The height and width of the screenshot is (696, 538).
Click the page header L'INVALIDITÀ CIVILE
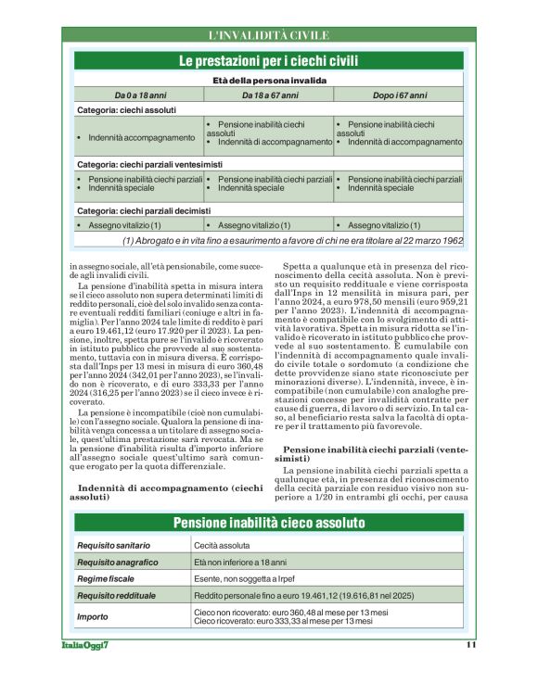point(269,36)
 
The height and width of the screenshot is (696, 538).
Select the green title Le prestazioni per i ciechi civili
point(269,60)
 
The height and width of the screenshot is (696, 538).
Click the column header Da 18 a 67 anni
point(269,95)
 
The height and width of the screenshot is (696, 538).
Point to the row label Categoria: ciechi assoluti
point(128,110)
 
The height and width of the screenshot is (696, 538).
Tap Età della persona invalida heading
point(269,82)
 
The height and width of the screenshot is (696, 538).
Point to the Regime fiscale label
point(107,578)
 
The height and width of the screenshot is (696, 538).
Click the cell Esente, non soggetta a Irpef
point(243,578)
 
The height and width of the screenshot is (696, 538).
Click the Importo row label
point(94,616)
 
